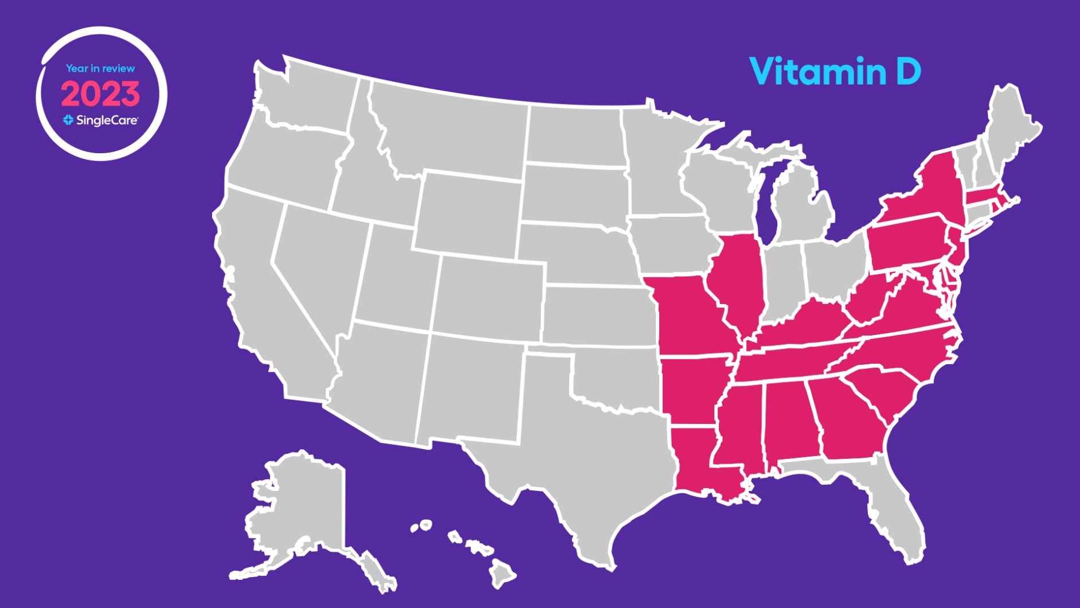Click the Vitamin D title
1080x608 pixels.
(835, 71)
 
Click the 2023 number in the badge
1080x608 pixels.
(100, 94)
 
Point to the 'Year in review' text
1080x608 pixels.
(100, 68)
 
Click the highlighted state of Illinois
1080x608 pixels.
(739, 281)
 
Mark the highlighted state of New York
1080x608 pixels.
(929, 189)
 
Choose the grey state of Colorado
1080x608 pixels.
(487, 298)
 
